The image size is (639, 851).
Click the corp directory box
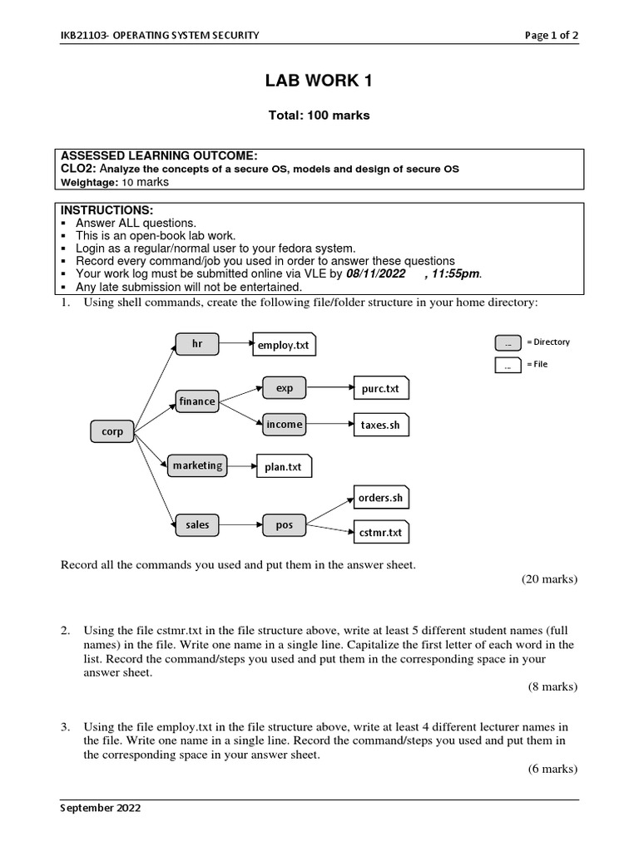tap(112, 431)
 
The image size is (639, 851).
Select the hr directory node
tap(197, 343)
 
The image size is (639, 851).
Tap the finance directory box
tap(197, 401)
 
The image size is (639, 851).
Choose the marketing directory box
tap(197, 465)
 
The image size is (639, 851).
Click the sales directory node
tap(197, 524)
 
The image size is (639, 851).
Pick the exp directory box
tap(285, 387)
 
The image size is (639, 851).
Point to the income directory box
tap(285, 425)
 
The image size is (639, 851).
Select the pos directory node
tap(285, 524)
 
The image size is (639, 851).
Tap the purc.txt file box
tap(380, 388)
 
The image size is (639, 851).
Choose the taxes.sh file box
tap(380, 425)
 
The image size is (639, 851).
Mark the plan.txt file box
tap(284, 467)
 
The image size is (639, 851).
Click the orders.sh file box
tap(380, 498)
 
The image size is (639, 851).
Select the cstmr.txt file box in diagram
tap(380, 532)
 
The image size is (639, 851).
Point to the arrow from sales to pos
tap(241, 524)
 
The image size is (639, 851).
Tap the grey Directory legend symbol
tap(508, 342)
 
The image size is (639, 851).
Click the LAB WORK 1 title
tap(319, 81)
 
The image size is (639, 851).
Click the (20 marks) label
tap(549, 578)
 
